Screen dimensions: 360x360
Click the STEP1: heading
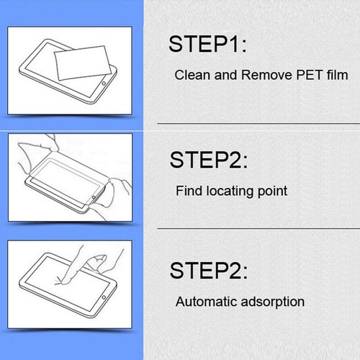(x=207, y=45)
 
